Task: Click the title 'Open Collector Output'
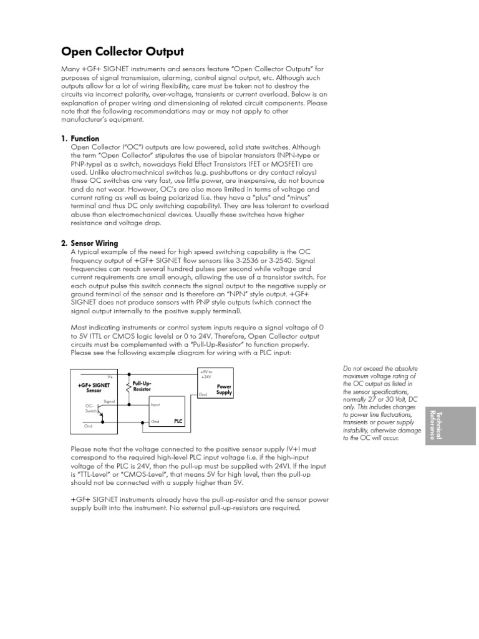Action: coord(122,52)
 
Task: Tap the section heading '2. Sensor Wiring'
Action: coord(94,243)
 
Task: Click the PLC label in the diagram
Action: coord(178,421)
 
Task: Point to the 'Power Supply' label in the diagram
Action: coord(224,389)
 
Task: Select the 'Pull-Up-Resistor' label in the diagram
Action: coord(143,386)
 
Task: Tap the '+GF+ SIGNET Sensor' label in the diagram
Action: coord(94,388)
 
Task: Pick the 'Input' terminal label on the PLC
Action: coord(156,405)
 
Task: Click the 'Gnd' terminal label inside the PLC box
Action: coord(156,421)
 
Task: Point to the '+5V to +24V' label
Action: coord(206,374)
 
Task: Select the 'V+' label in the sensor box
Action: coord(110,377)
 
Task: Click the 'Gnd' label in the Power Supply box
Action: coord(203,395)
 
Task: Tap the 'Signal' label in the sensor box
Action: coord(109,401)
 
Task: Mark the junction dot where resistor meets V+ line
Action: coord(129,374)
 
